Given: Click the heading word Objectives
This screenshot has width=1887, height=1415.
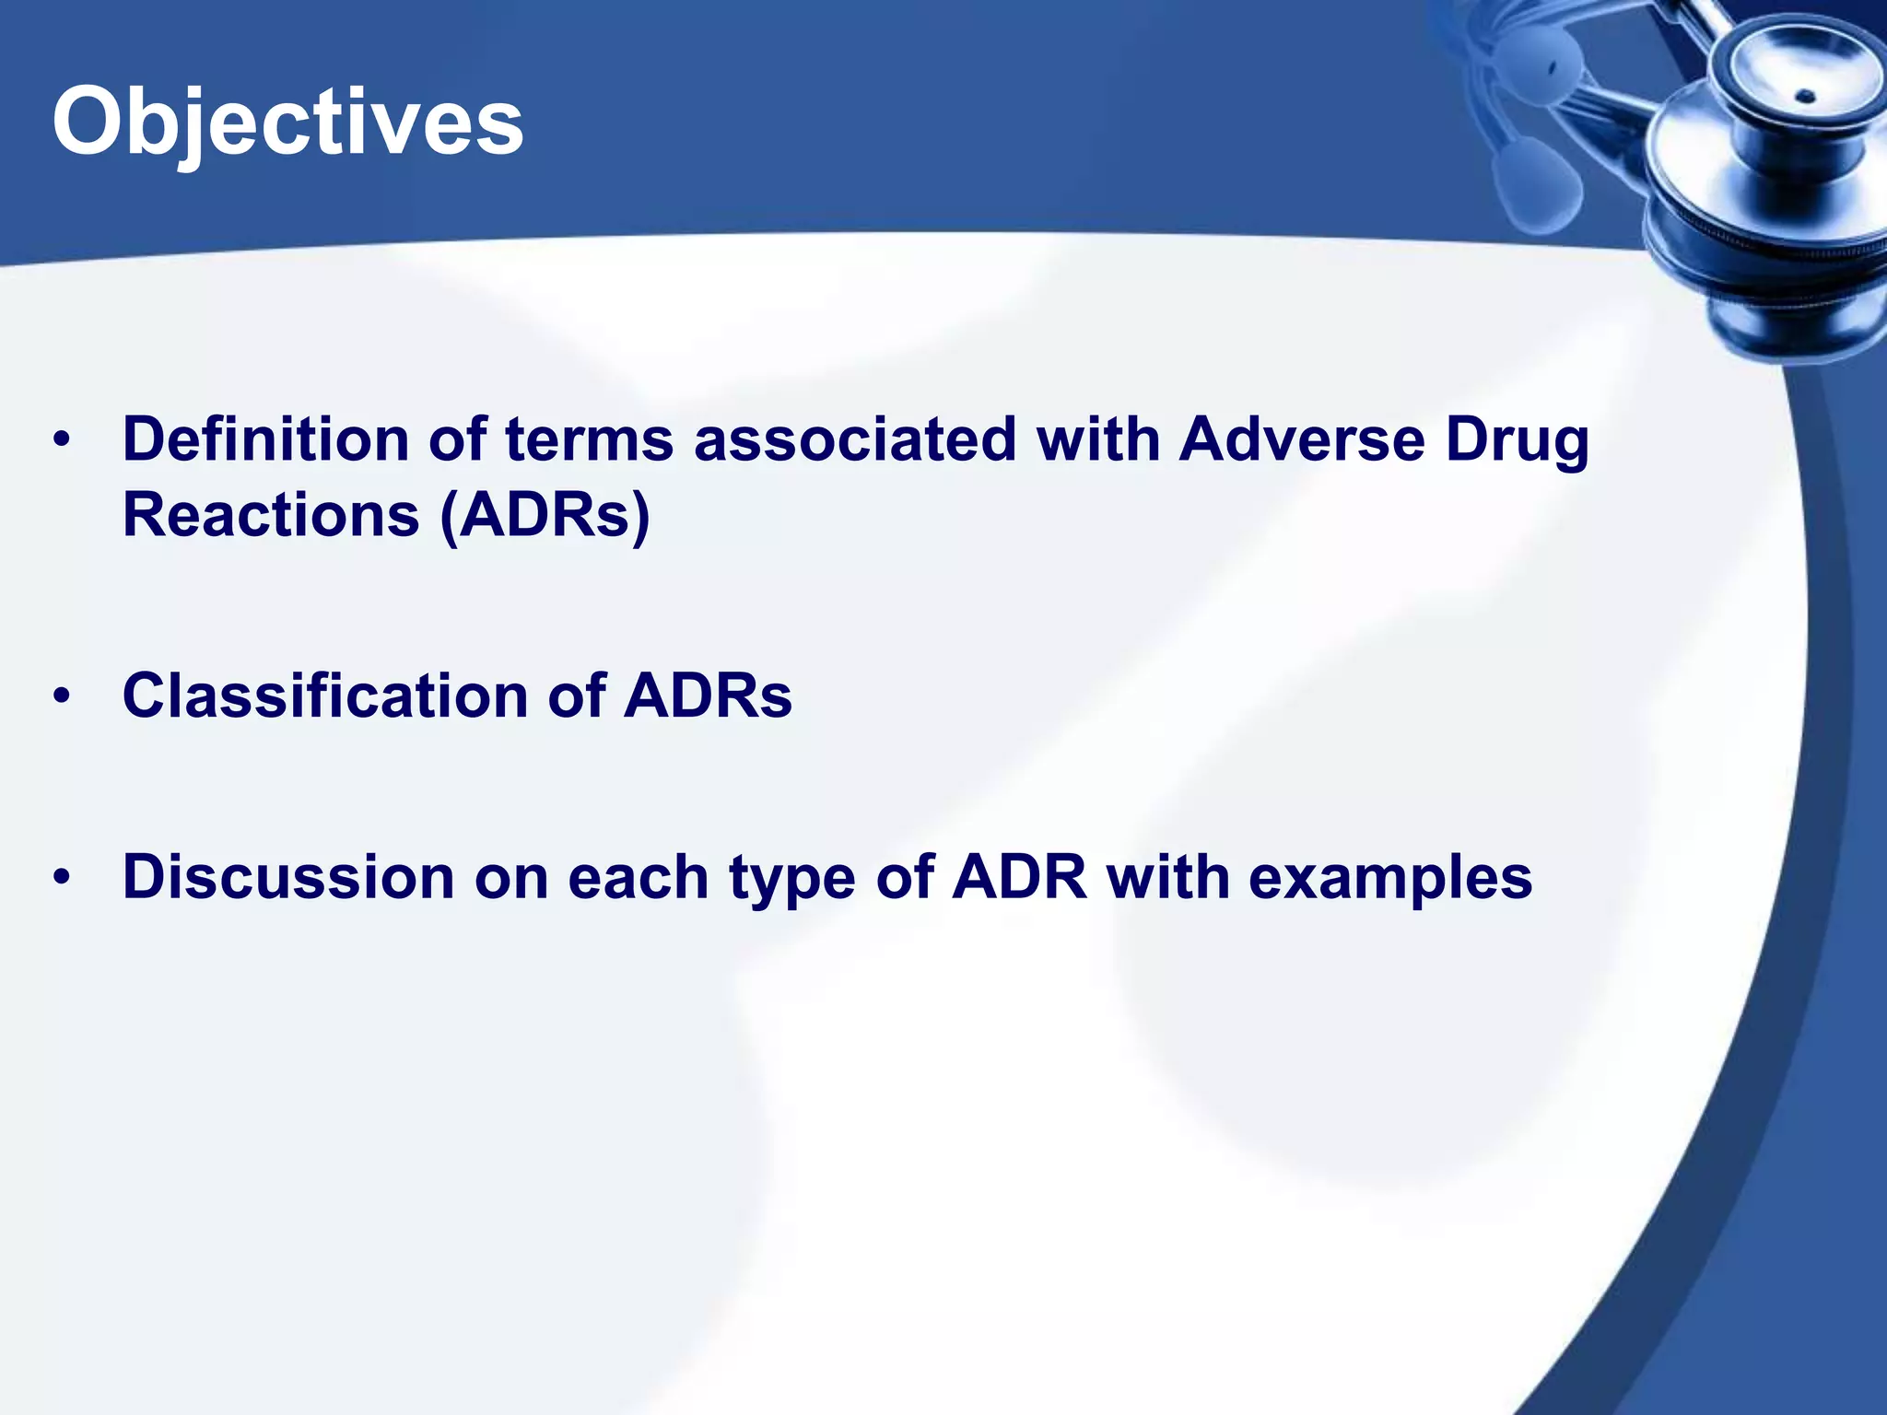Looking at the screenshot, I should pos(287,122).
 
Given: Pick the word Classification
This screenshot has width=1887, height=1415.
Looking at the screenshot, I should pos(325,695).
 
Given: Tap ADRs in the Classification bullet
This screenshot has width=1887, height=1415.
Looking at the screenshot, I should pos(707,696).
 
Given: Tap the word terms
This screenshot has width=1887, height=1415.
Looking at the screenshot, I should pos(589,440).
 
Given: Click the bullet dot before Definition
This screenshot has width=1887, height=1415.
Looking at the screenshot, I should pos(62,440).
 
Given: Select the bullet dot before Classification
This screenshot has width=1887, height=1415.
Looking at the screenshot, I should pos(62,696).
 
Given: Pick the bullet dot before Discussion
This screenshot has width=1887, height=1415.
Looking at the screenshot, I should pos(62,877).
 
